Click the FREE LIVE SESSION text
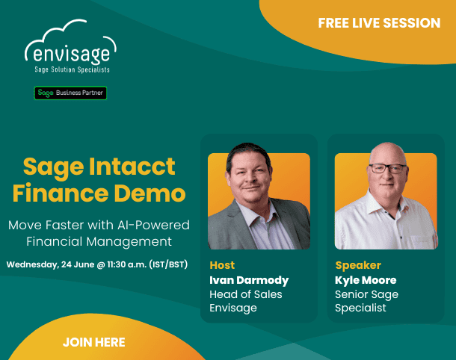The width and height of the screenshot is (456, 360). pos(379,23)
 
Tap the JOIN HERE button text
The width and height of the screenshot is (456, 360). pos(94,342)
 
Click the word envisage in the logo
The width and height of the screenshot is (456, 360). pos(71,54)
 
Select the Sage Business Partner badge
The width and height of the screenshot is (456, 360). pos(70,93)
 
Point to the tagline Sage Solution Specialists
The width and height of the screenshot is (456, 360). pos(72,69)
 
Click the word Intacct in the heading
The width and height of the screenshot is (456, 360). pos(132,167)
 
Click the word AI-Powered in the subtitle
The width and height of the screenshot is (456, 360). pos(153,225)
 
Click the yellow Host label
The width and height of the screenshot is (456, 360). pos(222,265)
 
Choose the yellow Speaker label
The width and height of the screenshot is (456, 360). pos(358,265)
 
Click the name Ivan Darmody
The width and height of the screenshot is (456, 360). pos(249,280)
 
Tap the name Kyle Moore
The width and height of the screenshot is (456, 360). pos(366,280)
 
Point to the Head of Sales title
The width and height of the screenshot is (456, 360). pos(246,294)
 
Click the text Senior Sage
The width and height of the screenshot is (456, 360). pos(366,294)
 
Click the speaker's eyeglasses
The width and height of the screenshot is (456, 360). pos(387,168)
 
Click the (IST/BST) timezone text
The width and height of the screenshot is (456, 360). pos(168,264)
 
